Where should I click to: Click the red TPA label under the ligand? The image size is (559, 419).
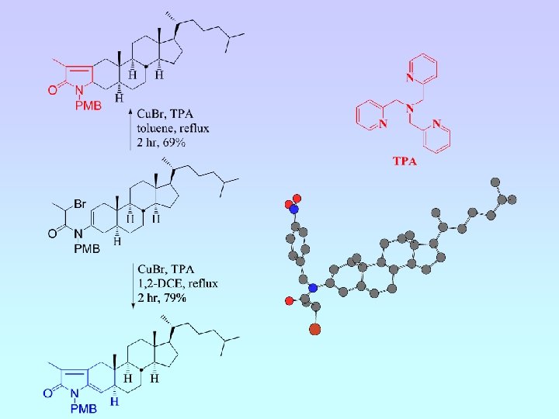[x=404, y=161]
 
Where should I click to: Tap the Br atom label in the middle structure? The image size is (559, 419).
[x=80, y=203]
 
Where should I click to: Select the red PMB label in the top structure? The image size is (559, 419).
[x=88, y=106]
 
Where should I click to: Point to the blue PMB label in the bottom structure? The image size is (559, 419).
[x=84, y=408]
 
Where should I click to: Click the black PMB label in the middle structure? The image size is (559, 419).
[x=86, y=248]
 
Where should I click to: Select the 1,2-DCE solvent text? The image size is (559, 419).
[x=165, y=285]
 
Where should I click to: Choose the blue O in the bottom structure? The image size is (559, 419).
[x=47, y=393]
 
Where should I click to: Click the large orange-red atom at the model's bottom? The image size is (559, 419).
[x=314, y=330]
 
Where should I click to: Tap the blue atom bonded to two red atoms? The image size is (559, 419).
[x=293, y=208]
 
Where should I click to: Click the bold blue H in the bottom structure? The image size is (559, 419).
[x=115, y=402]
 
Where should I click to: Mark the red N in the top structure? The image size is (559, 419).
[x=78, y=92]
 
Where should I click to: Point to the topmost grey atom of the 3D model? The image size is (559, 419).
[x=495, y=182]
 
